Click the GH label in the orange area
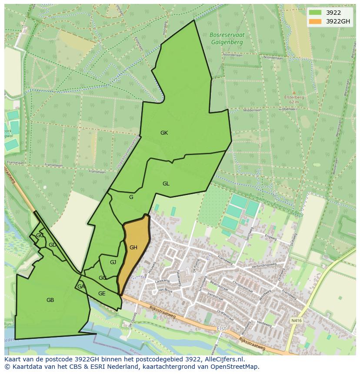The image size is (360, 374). pyautogui.click(x=133, y=248)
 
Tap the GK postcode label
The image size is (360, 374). pyautogui.click(x=164, y=133)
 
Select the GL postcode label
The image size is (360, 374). pyautogui.click(x=166, y=184)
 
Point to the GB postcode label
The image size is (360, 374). pyautogui.click(x=50, y=300)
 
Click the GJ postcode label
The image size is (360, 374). pyautogui.click(x=113, y=262)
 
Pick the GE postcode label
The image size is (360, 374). pyautogui.click(x=102, y=294)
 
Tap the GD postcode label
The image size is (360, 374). pyautogui.click(x=52, y=245)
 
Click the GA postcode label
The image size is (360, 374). pyautogui.click(x=81, y=287)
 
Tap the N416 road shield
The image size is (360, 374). pyautogui.click(x=296, y=321)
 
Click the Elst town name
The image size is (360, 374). pyautogui.click(x=222, y=329)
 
